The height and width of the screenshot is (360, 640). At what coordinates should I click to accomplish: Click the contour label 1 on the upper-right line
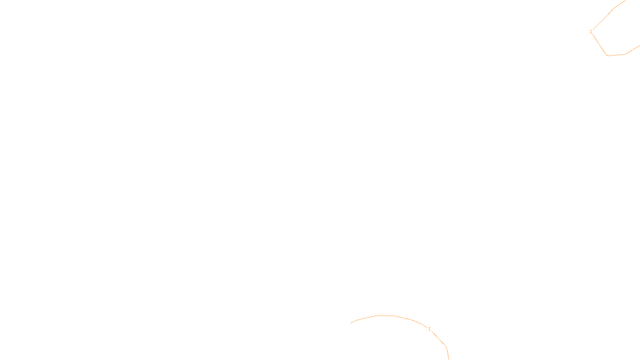point(591,32)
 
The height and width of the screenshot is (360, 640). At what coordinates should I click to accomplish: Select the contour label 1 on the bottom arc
point(429,329)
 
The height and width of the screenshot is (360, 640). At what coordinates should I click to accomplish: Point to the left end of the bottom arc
point(351,323)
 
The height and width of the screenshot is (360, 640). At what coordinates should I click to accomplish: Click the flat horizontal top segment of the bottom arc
point(385,316)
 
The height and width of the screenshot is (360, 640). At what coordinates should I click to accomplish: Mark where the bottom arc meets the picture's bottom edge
point(449,359)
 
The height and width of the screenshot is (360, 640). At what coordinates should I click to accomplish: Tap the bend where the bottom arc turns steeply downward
point(446,347)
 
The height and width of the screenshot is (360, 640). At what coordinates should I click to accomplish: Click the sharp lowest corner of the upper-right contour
point(607,55)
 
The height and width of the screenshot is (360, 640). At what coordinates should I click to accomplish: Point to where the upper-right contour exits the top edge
point(625,0)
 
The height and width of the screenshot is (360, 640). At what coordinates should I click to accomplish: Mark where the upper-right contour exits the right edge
point(639,46)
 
